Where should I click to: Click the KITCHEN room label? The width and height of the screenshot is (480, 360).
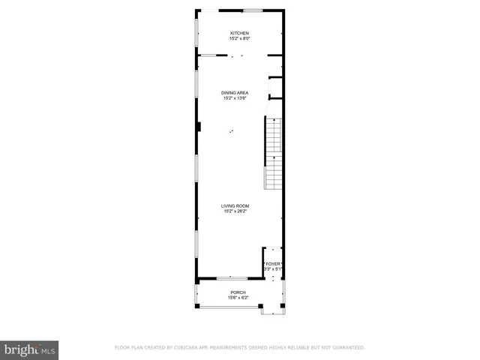[239, 34]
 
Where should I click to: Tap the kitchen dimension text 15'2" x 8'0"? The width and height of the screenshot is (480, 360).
[239, 39]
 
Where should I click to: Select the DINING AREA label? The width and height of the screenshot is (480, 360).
[235, 92]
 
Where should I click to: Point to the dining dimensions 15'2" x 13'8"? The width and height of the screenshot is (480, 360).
[235, 97]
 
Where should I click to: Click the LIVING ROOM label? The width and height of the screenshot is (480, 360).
[235, 205]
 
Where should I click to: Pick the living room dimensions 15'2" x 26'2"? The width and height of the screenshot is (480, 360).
[235, 211]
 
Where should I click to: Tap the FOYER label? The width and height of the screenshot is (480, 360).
[273, 264]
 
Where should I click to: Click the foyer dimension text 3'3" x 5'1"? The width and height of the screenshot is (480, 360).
[273, 269]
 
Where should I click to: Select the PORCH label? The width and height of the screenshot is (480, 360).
[238, 292]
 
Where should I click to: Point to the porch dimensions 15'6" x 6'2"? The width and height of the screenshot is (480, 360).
[238, 298]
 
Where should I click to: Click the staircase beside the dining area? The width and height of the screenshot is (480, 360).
[273, 154]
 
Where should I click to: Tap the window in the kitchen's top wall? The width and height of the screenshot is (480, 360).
[253, 10]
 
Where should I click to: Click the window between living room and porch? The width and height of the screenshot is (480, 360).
[227, 278]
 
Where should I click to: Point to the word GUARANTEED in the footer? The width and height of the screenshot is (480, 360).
[347, 348]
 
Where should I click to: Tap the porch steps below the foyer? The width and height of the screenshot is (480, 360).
[269, 309]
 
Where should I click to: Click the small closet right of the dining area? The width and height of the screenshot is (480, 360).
[275, 88]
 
